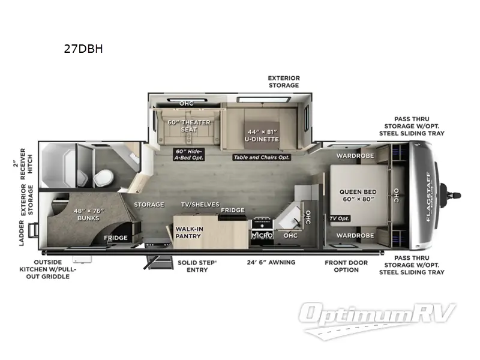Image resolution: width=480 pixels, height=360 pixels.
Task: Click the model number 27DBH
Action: (x=83, y=49)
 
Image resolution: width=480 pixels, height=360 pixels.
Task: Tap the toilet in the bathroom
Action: (x=103, y=178)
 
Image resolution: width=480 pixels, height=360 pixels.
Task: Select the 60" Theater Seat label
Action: (x=189, y=126)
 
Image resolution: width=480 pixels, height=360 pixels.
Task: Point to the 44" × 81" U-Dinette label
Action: (x=262, y=136)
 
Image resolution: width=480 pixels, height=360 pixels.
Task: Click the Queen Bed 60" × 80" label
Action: (x=358, y=196)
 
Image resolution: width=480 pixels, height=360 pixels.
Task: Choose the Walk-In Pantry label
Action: (x=189, y=232)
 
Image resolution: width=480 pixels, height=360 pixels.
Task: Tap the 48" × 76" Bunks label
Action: (x=88, y=214)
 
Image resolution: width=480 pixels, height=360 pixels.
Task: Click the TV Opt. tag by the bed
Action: (x=340, y=218)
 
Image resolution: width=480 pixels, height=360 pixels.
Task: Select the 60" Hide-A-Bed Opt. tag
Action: (x=188, y=155)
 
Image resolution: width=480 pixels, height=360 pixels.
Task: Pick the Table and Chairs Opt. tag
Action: (x=262, y=157)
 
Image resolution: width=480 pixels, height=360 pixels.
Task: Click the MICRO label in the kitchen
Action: (x=262, y=235)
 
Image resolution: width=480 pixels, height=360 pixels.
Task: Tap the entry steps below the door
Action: (x=159, y=262)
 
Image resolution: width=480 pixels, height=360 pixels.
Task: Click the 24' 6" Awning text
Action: (x=271, y=262)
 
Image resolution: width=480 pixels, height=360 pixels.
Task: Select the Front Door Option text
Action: (x=346, y=266)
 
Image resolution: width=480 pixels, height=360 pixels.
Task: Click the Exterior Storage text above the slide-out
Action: (x=284, y=82)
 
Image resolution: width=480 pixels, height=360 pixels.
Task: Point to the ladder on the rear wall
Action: (x=33, y=230)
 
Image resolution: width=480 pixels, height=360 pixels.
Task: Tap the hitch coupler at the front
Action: (x=451, y=195)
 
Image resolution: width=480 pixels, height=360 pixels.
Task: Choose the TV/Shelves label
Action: (x=200, y=204)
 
